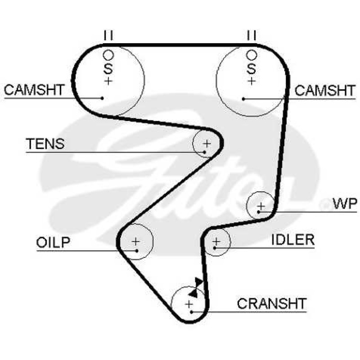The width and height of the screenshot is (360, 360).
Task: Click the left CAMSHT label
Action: [34, 90]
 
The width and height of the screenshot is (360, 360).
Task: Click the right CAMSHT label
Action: [325, 90]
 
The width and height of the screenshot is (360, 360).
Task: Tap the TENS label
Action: [45, 144]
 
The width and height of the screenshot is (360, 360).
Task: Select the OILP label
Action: [53, 242]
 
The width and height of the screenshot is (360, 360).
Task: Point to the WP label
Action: [345, 203]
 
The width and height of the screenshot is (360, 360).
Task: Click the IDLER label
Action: [293, 239]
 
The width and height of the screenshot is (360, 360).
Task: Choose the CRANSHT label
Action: [272, 303]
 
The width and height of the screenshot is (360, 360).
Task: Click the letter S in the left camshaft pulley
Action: [108, 68]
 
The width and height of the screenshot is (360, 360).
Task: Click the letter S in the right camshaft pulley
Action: [252, 68]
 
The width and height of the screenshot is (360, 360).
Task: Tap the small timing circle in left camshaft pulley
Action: [108, 55]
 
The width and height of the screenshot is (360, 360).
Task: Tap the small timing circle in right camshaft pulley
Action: [252, 55]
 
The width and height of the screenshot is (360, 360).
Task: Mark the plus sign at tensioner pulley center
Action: [207, 144]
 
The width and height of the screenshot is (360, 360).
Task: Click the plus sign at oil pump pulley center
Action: [136, 242]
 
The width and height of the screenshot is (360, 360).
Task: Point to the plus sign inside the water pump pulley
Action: [261, 206]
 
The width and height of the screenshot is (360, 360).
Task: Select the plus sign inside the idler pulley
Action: [216, 241]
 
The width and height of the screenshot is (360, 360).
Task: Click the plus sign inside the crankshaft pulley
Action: [189, 304]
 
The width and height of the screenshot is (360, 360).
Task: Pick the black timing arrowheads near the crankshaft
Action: [196, 288]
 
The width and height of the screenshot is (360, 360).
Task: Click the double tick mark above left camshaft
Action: [108, 35]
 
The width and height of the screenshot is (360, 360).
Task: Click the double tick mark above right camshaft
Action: [252, 35]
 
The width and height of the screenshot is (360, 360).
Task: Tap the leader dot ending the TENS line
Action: [204, 152]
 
